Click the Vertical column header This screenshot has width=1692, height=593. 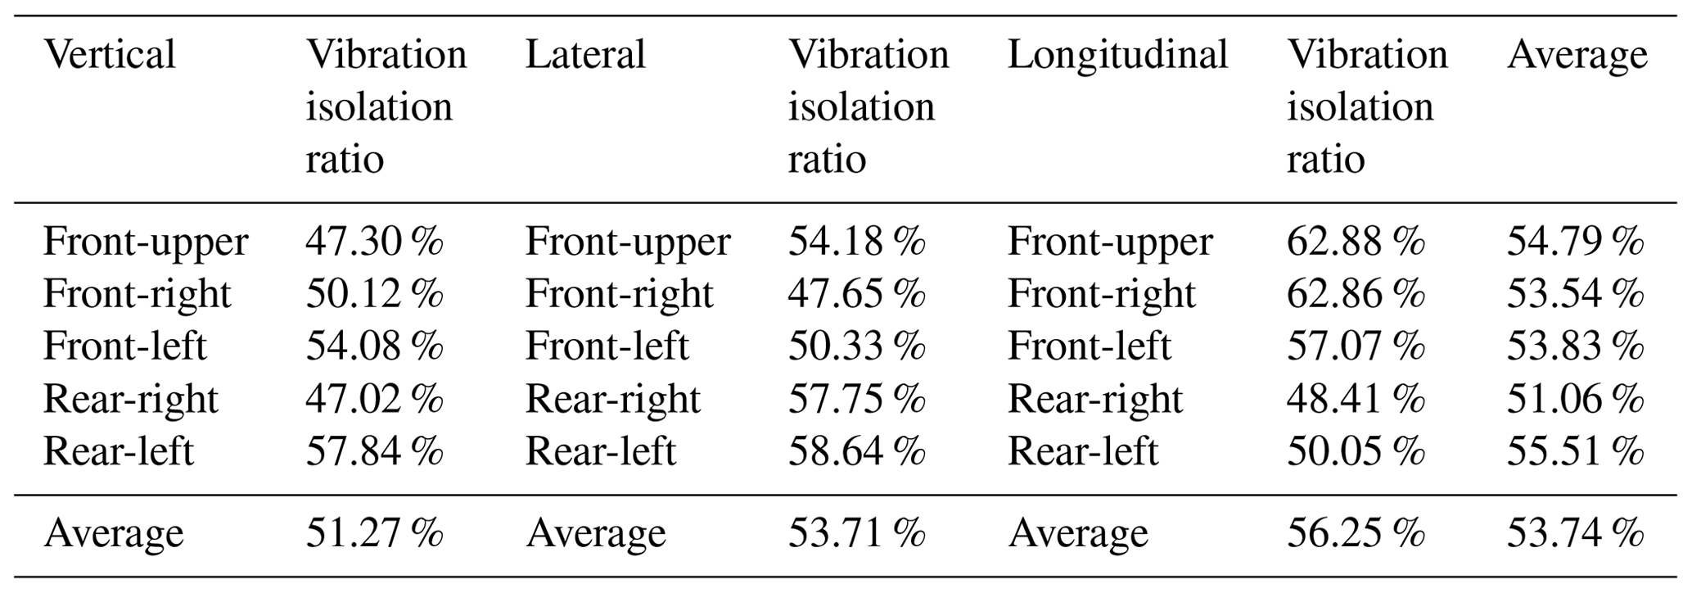(x=109, y=55)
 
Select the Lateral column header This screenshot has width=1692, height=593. (x=585, y=55)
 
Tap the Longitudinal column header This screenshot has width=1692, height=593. (x=1117, y=55)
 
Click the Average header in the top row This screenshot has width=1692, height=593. (x=1577, y=55)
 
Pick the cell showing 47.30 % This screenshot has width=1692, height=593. (x=374, y=242)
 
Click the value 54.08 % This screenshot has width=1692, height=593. (x=374, y=346)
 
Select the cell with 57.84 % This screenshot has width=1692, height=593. (x=374, y=450)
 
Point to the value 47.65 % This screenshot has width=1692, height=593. (x=856, y=294)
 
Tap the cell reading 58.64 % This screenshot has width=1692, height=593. (x=856, y=450)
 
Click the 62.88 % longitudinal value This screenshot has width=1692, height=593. (x=1356, y=242)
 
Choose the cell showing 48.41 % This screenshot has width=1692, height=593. (x=1356, y=399)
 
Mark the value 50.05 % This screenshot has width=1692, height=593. (x=1356, y=450)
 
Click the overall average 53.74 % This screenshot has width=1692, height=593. (x=1575, y=533)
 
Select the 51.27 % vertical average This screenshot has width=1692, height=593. (x=374, y=533)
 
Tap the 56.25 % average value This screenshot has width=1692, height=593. (x=1356, y=533)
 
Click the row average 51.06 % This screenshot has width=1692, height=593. (x=1575, y=399)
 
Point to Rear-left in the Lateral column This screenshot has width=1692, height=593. (x=600, y=450)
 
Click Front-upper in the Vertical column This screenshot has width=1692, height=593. (x=146, y=242)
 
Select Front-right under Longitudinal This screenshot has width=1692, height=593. (x=1101, y=294)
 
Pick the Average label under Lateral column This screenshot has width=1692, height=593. (x=595, y=533)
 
